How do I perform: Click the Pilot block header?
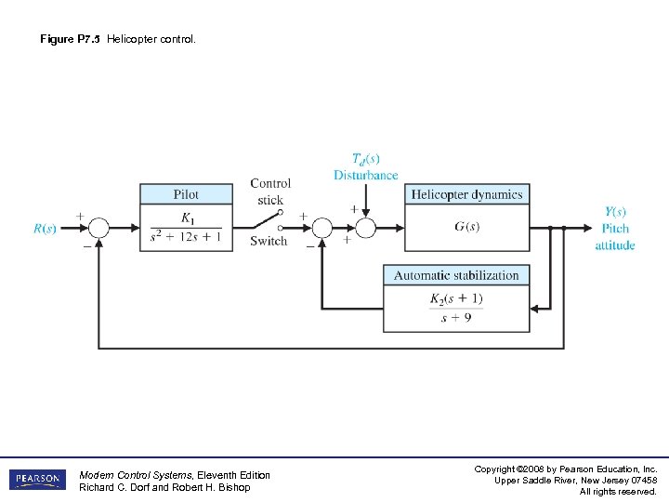tap(186, 194)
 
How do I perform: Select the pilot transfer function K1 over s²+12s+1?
tap(186, 229)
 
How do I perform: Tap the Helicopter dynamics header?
tap(467, 194)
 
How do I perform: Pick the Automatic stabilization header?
tap(456, 275)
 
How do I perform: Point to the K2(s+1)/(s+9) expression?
tap(456, 308)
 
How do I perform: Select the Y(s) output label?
tap(615, 211)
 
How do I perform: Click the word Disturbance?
tap(366, 175)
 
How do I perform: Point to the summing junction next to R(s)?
tap(98, 228)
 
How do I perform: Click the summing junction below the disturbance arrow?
tap(366, 228)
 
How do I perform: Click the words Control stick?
tap(270, 191)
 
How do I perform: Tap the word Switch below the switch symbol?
tap(269, 242)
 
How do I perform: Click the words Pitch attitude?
tap(615, 236)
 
